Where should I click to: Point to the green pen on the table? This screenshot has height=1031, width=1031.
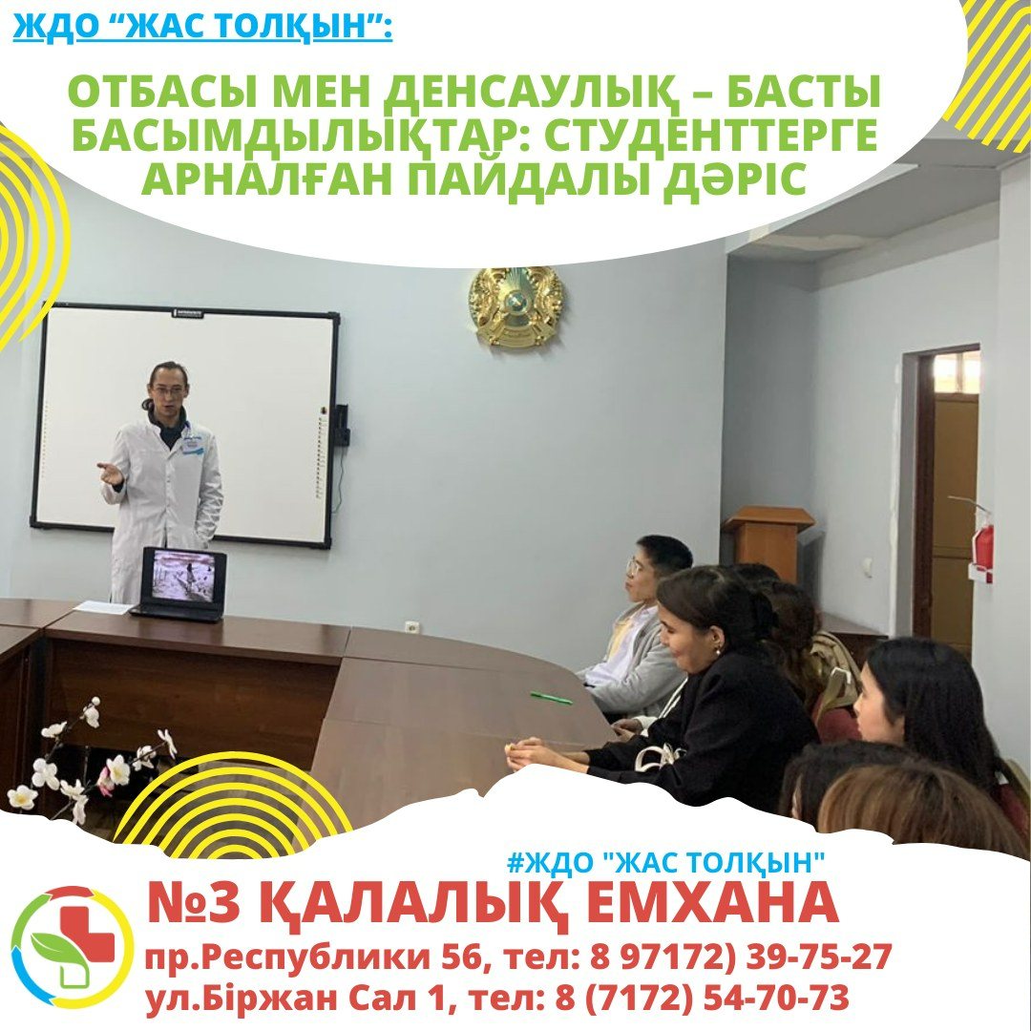(x=551, y=697)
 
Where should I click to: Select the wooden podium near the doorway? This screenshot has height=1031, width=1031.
(x=768, y=537)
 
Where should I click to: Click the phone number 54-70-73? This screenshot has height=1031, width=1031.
(x=776, y=999)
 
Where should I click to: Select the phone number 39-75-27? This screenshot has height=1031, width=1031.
(x=819, y=956)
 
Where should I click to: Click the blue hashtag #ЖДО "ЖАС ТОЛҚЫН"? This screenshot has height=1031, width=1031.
(x=666, y=862)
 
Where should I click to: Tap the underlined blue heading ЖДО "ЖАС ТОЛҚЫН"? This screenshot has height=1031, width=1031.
(x=202, y=27)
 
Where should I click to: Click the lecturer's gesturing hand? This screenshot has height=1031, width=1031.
(x=110, y=473)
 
